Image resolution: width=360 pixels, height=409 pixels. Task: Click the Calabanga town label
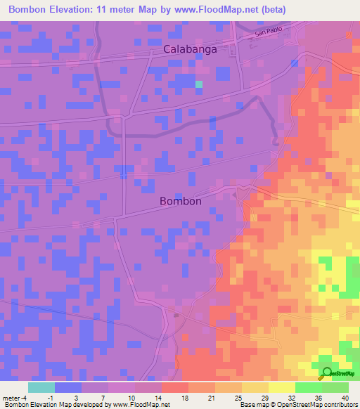click(190, 50)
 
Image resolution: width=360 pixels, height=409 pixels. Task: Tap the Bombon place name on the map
click(181, 201)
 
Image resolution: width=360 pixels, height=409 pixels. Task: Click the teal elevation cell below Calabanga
click(198, 84)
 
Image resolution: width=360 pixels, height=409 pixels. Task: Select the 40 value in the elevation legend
click(344, 397)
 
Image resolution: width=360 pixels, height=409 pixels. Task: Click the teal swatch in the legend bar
click(41, 387)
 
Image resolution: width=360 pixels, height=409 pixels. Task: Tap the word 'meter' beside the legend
click(11, 397)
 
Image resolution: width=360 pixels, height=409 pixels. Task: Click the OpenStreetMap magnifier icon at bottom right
click(326, 373)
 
